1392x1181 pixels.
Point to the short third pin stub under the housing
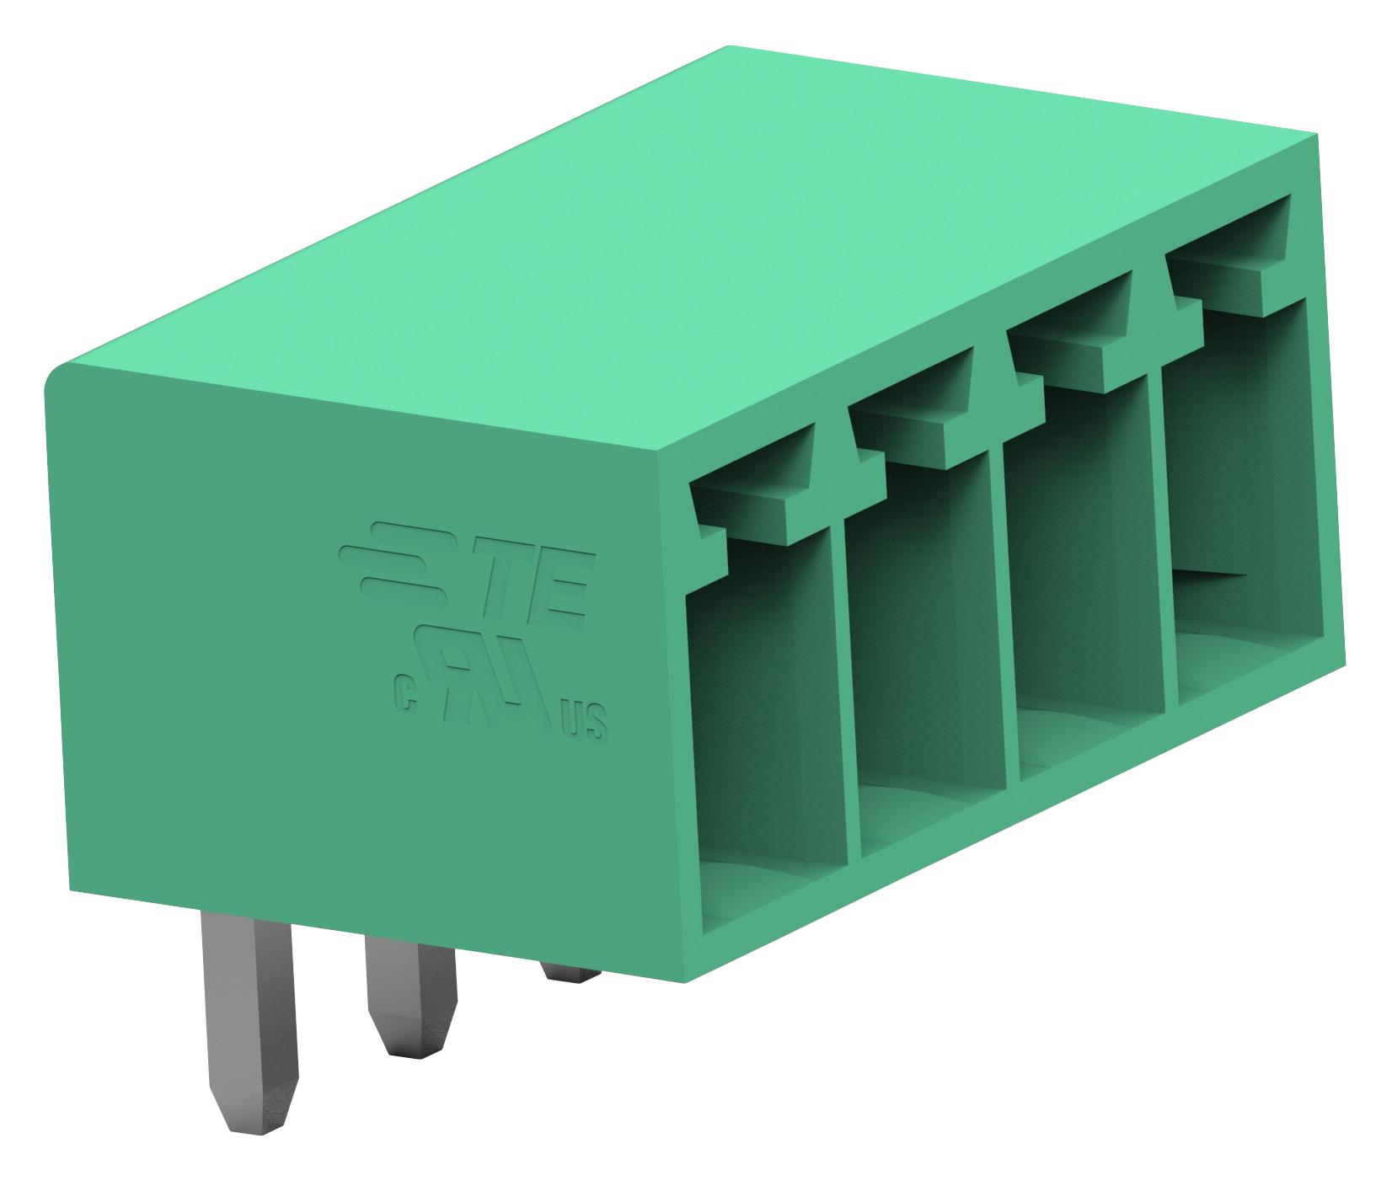[x=571, y=970]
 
